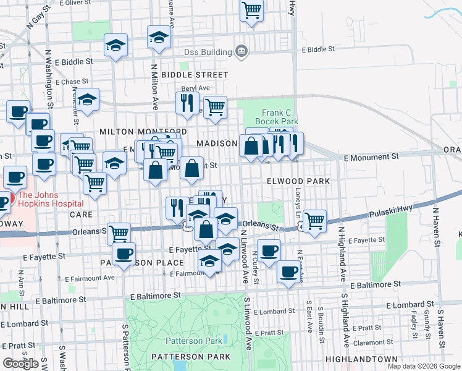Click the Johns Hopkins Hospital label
point(51,198)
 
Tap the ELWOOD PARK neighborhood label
point(295,181)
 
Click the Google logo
point(20,363)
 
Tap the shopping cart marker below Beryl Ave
point(215,106)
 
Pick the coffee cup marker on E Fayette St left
point(124,253)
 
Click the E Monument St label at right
point(372,158)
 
